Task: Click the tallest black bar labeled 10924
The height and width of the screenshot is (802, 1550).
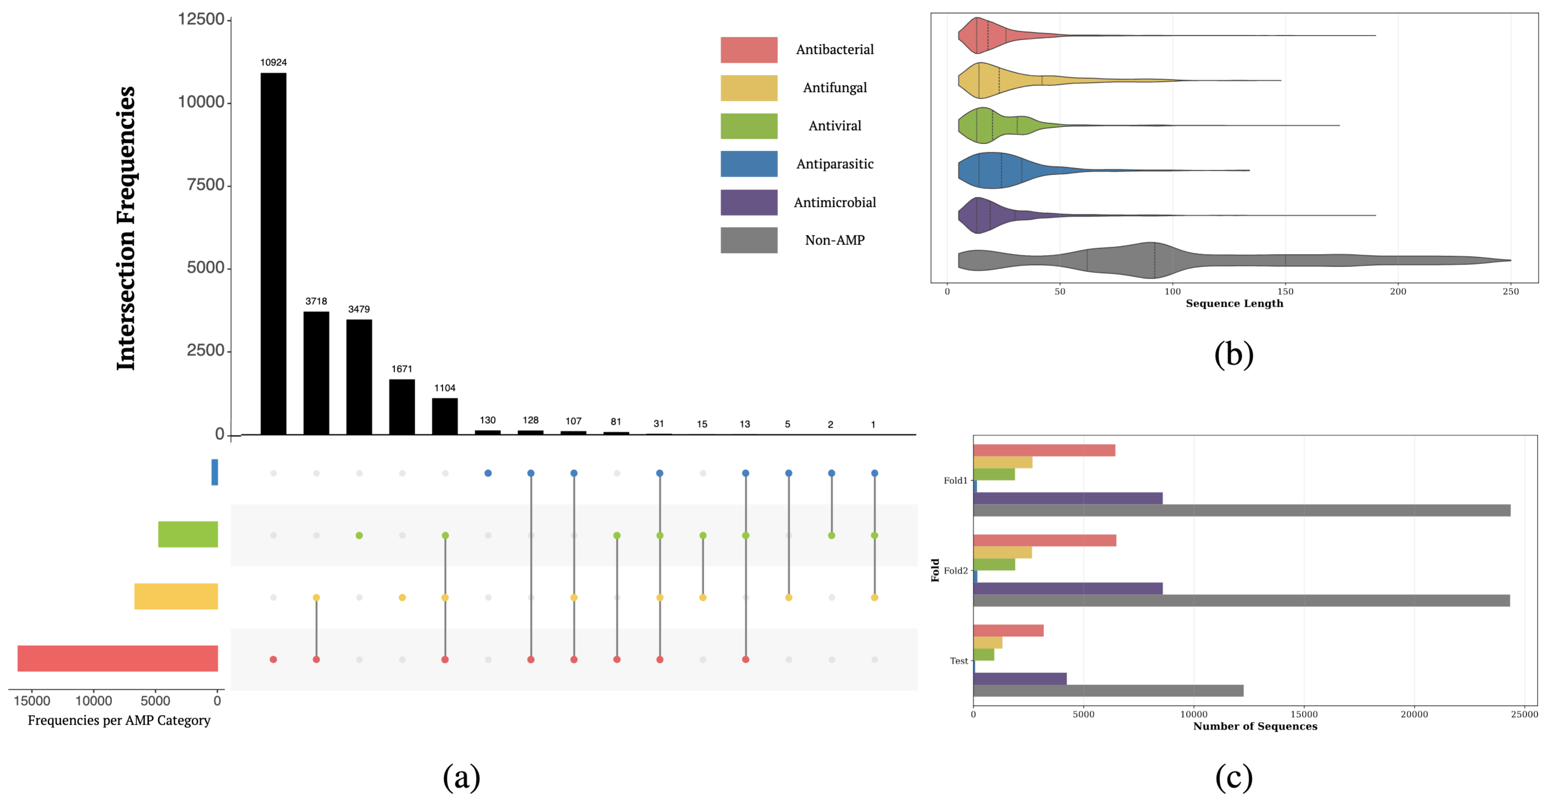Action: tap(273, 252)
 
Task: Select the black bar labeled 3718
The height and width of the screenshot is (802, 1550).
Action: tap(316, 373)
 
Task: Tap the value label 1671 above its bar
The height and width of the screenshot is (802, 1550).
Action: tap(402, 369)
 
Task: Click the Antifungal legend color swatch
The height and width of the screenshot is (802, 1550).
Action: tap(748, 88)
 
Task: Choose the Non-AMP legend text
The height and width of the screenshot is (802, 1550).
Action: tap(835, 240)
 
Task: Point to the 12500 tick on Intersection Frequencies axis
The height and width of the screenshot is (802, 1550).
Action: tap(201, 19)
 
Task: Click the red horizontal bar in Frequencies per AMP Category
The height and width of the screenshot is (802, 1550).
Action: tap(117, 658)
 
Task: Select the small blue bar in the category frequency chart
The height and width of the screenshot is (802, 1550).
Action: tap(214, 472)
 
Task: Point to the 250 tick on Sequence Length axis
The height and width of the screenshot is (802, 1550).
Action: tap(1510, 292)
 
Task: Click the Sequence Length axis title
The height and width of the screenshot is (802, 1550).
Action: tap(1234, 303)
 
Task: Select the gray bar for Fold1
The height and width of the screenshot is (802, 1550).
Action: tap(1241, 510)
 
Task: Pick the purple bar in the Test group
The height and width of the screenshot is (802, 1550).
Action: tap(1019, 679)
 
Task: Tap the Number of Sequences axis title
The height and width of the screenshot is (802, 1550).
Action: tap(1255, 726)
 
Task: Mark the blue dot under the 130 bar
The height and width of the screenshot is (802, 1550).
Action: tap(488, 473)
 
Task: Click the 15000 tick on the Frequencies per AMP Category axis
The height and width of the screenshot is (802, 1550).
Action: tap(32, 701)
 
